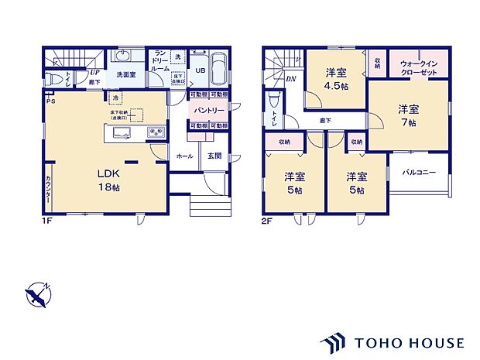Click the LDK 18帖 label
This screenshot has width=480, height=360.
[107, 180]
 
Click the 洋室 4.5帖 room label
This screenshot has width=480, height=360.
[335, 79]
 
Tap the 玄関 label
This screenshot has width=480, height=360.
[214, 156]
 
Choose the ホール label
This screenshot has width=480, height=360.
[184, 156]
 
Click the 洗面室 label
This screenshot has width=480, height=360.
[126, 75]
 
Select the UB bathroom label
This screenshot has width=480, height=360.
[199, 70]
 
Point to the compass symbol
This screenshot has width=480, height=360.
[36, 295]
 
